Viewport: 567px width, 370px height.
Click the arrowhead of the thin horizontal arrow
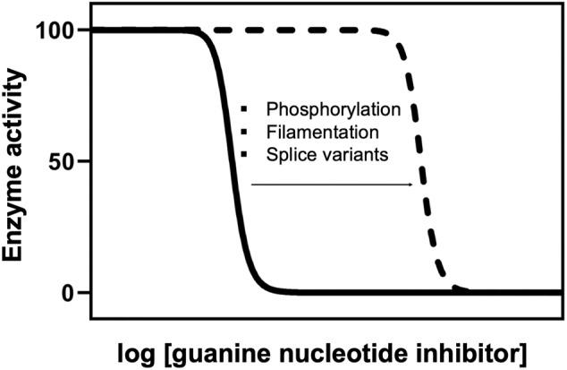click(x=411, y=185)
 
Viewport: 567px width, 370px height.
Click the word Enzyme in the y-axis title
click(x=15, y=222)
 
